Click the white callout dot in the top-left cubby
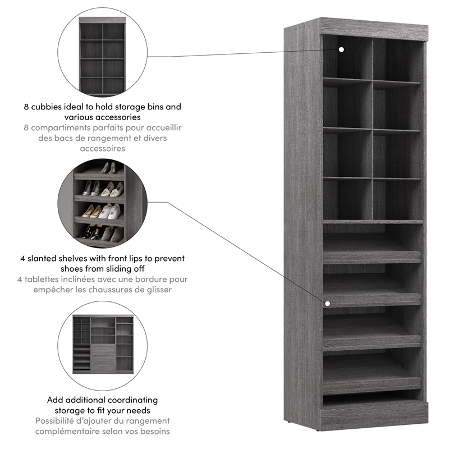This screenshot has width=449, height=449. coord(341,49)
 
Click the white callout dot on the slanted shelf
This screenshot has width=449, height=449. coord(327,303)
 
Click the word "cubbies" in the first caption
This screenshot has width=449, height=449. coord(56,106)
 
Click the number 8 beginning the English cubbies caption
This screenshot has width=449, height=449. coord(26,106)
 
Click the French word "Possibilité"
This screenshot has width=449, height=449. coord(58,421)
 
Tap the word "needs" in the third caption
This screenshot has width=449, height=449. coord(146,410)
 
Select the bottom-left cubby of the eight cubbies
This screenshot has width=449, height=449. coord(346,199)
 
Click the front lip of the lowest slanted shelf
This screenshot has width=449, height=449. coord(372,386)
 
